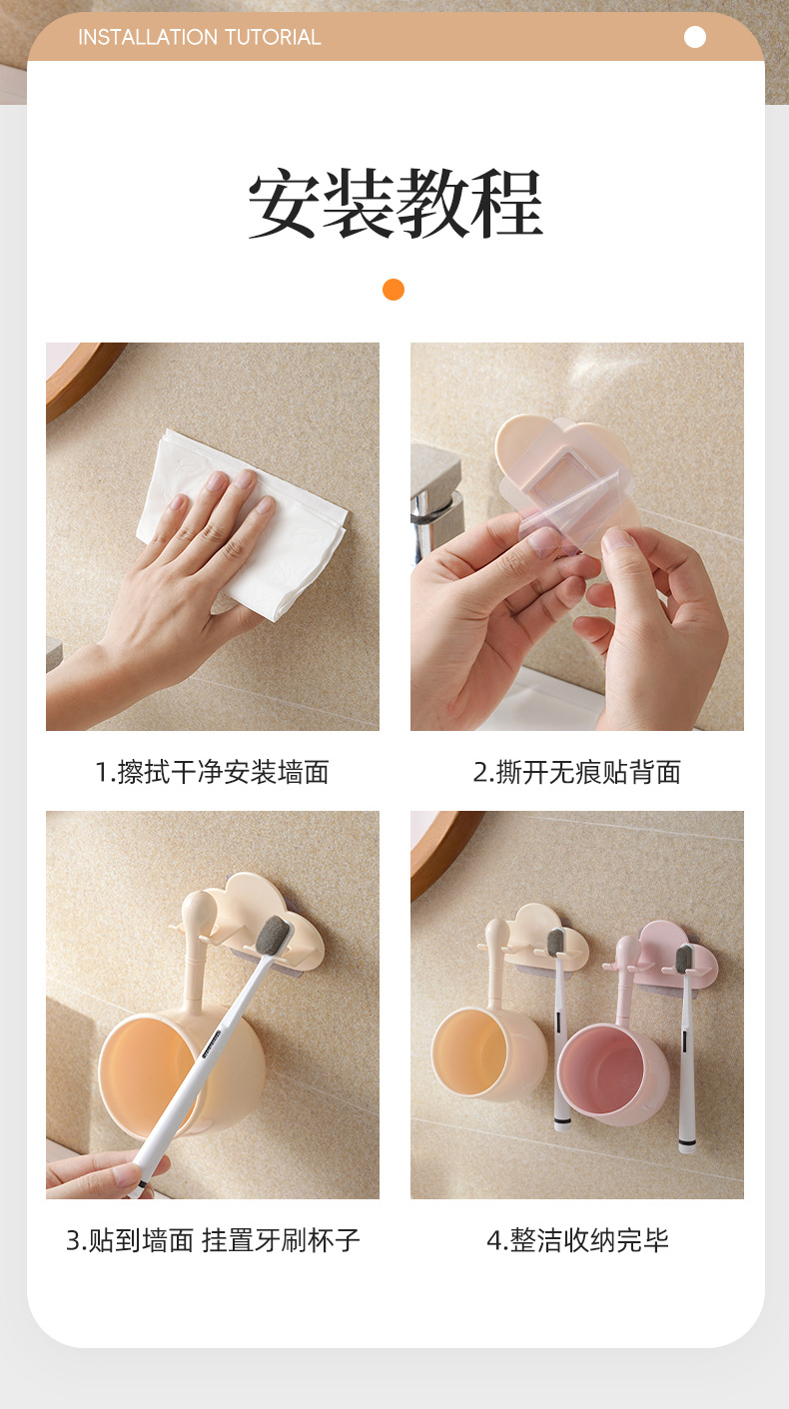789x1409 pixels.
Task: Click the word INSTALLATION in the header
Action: [x=149, y=37]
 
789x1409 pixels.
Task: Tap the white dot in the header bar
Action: [x=695, y=37]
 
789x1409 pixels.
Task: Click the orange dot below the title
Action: [x=394, y=290]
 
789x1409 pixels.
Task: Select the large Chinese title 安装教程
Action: [x=395, y=203]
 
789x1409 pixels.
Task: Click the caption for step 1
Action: [x=212, y=772]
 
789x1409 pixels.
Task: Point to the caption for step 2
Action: [x=577, y=772]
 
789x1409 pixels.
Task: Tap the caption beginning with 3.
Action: [x=213, y=1240]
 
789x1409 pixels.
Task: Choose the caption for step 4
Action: [x=577, y=1240]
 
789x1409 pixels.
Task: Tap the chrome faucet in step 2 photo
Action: [x=435, y=503]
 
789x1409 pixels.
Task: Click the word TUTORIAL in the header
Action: [x=273, y=37]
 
